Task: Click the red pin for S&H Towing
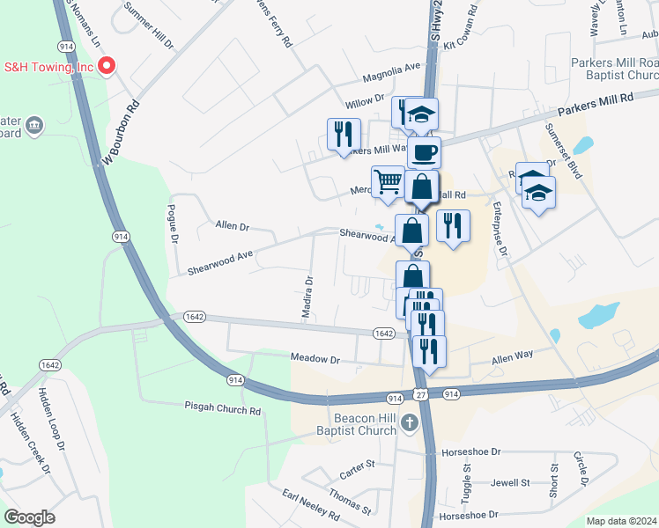107,65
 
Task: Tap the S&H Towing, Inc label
48,66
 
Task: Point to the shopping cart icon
388,182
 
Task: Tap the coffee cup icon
424,152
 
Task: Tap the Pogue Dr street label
174,225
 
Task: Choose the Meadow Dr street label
315,359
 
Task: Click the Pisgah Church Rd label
223,410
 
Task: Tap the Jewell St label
510,482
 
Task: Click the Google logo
29,517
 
